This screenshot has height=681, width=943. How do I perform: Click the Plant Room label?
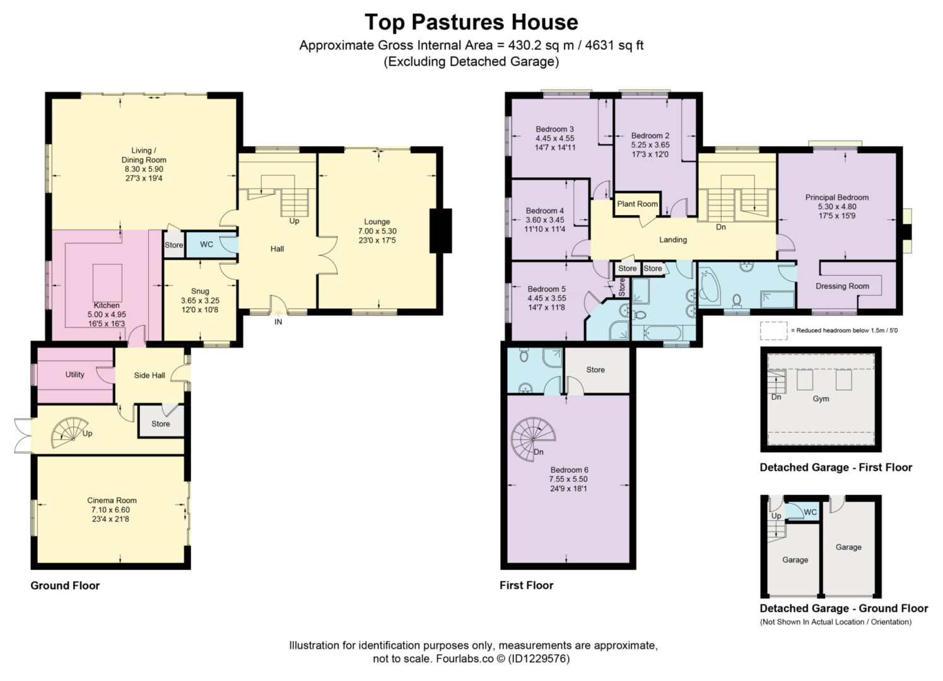pos(637,204)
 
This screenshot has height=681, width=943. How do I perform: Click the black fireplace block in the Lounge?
pos(440,231)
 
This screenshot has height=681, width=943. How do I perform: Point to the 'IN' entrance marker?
pos(278,322)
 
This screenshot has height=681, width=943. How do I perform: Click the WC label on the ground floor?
pos(206,245)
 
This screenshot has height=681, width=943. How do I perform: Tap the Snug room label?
pos(200,291)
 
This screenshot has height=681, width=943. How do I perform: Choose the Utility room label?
pos(75,375)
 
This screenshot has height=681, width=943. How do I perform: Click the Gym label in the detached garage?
pos(821,399)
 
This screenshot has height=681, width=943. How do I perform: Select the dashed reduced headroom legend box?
pos(774,331)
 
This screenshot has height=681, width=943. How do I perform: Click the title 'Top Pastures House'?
pos(472,22)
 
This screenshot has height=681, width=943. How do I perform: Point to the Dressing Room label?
pos(842,286)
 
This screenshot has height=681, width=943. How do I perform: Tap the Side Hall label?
pos(149,375)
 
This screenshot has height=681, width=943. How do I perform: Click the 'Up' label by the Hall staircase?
pos(295,221)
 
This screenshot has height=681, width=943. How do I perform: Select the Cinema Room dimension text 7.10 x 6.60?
pos(111,509)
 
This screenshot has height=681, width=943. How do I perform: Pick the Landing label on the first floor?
pos(673,240)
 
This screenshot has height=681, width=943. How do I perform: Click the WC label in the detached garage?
pos(811,512)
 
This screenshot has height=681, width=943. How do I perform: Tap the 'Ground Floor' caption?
pos(65,585)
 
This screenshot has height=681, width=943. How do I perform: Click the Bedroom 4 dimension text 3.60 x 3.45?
pos(545,219)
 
